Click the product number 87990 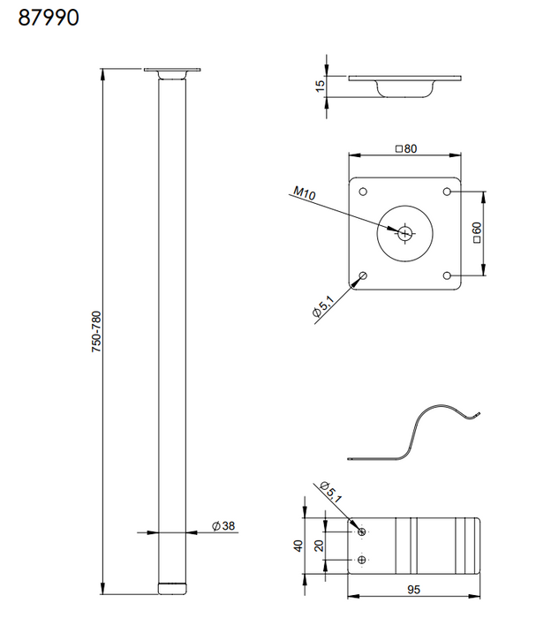(49, 18)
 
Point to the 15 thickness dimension (320, 86)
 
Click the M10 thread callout (304, 192)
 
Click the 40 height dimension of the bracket (298, 545)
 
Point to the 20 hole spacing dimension (321, 545)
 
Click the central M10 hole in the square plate (405, 233)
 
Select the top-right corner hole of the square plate (448, 192)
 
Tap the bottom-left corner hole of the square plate (363, 275)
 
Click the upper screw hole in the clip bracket (362, 531)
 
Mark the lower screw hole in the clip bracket (362, 559)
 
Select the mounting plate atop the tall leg (173, 71)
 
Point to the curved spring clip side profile (415, 433)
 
